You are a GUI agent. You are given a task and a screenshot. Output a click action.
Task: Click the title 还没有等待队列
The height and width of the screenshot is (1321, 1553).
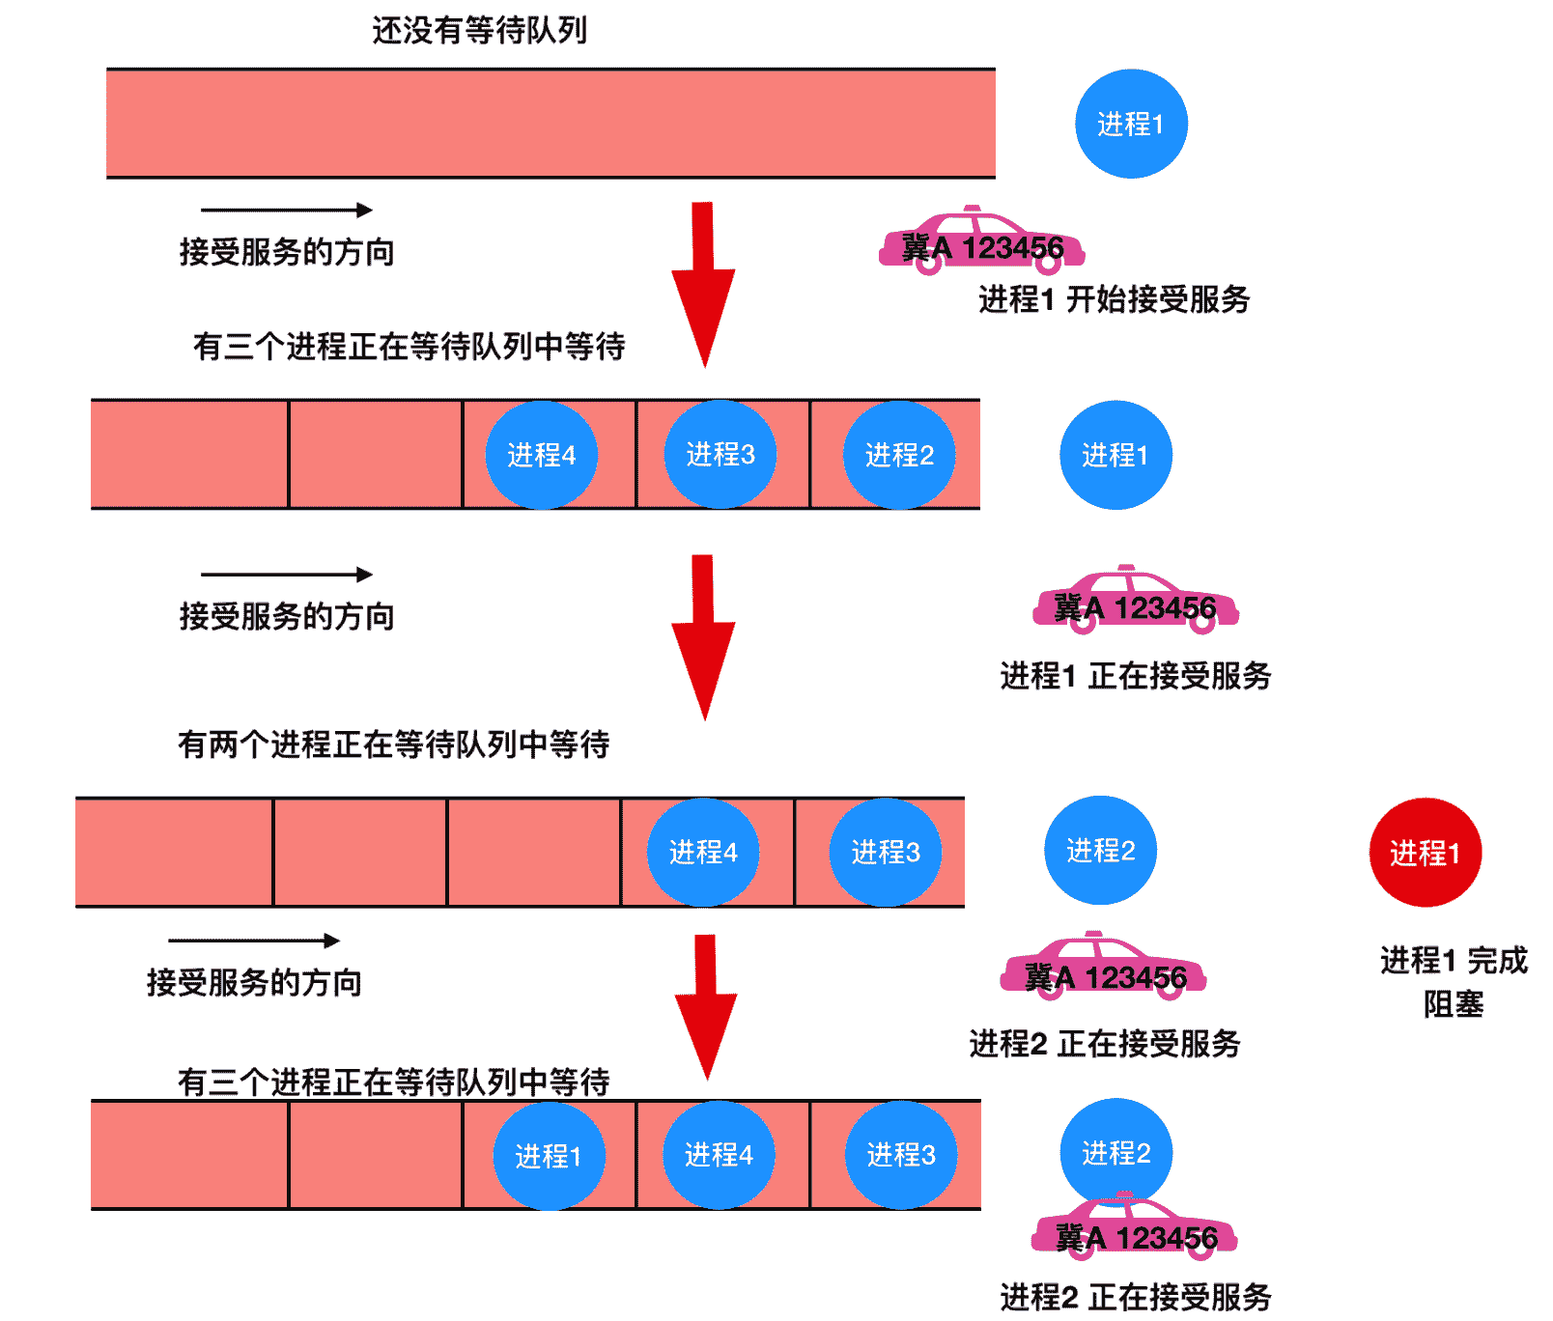click(479, 30)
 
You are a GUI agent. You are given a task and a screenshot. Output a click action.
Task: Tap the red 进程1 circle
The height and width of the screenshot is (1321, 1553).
click(1425, 852)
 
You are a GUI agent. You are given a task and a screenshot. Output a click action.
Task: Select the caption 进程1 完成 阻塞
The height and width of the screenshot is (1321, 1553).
click(1454, 981)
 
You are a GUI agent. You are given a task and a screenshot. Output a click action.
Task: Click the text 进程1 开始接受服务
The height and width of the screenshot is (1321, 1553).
click(1114, 299)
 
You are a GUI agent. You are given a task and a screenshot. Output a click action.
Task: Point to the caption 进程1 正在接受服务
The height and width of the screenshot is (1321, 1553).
click(1135, 675)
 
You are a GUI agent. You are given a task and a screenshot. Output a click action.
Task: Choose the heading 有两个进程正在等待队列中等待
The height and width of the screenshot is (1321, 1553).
click(393, 744)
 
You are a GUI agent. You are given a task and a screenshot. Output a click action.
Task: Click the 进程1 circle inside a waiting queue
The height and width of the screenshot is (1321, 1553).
click(549, 1155)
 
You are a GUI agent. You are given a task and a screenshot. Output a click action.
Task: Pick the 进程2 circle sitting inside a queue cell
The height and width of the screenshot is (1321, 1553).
click(899, 455)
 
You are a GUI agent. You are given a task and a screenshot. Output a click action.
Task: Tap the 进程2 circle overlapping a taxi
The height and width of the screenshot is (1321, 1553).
click(1115, 1151)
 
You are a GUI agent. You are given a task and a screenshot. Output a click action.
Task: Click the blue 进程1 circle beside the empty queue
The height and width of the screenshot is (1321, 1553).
click(1131, 124)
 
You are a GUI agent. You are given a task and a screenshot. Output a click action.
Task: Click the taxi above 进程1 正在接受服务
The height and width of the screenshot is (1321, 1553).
click(1135, 601)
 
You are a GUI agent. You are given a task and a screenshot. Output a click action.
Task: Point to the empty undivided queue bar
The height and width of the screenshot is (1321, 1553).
click(551, 124)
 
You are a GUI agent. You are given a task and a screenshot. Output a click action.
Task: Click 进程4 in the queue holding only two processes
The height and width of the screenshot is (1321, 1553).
click(703, 852)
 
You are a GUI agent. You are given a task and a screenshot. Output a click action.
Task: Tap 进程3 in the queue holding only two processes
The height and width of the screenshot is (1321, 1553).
click(885, 852)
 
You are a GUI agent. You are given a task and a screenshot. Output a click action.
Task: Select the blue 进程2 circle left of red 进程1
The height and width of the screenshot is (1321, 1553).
click(1100, 850)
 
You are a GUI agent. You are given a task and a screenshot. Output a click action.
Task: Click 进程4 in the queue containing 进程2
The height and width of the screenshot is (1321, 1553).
click(541, 455)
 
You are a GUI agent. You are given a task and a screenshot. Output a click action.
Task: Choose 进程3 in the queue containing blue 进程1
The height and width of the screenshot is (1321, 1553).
click(900, 1155)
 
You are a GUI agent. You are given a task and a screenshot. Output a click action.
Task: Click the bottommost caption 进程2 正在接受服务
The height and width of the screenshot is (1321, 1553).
click(1135, 1297)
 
